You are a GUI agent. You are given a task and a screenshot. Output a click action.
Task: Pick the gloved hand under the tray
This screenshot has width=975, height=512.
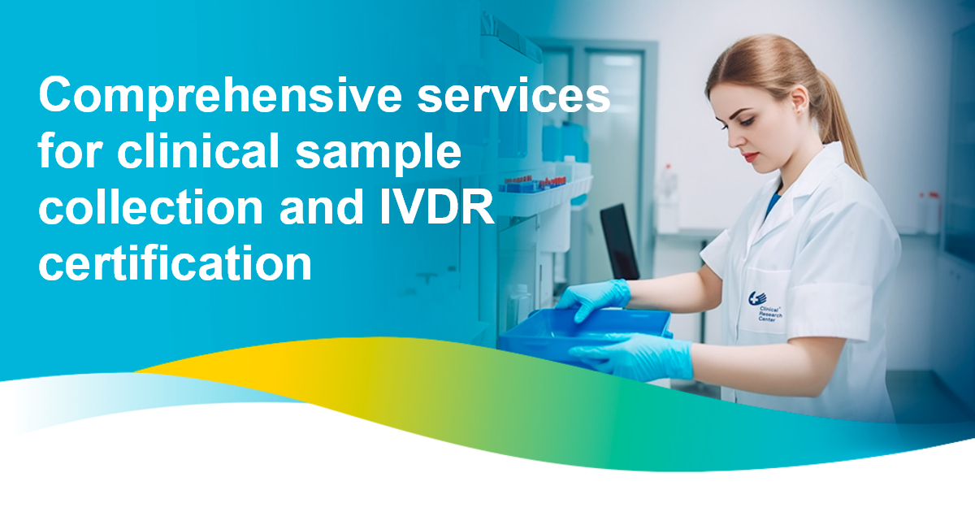coord(634,358)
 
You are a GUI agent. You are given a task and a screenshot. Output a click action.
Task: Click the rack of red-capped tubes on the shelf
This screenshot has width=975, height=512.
coord(533,182)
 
